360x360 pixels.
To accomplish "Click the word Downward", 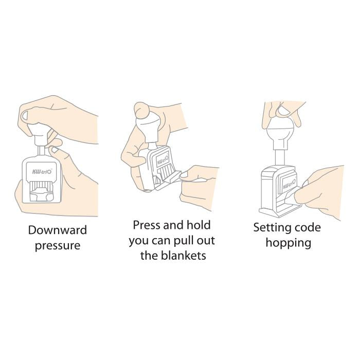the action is point(58,230).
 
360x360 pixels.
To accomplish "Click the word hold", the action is point(199,225).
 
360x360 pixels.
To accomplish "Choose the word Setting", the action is point(270,228).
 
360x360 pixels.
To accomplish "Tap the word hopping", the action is point(289,243).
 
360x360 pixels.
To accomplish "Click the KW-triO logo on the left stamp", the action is point(42,171).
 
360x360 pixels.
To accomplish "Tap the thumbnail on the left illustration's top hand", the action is point(25,116).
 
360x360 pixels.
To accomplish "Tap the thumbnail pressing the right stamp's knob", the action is point(283,112).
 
